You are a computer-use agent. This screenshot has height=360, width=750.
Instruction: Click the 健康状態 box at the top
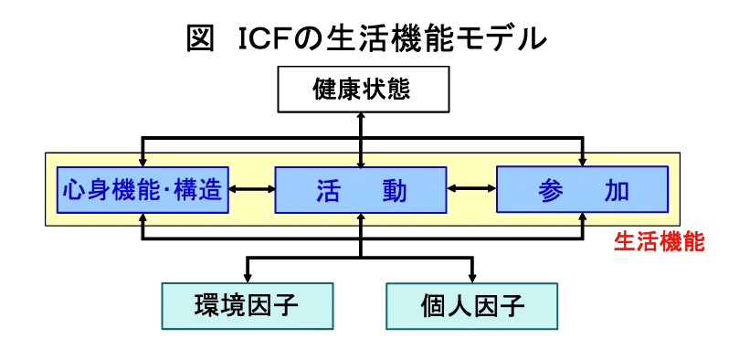click(x=362, y=90)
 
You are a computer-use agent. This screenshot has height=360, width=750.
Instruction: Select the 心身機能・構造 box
click(x=143, y=189)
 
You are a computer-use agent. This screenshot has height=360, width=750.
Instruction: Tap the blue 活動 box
click(x=362, y=189)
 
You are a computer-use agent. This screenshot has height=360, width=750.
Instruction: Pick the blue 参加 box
click(x=582, y=189)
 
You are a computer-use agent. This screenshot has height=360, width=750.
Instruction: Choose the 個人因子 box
click(x=471, y=305)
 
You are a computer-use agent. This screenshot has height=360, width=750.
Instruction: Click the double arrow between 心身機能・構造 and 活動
click(x=251, y=189)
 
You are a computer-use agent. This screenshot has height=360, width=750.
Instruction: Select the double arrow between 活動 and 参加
click(x=471, y=189)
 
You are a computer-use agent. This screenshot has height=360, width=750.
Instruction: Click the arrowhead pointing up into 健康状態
click(x=362, y=116)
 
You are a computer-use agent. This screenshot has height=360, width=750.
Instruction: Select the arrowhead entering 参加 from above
click(x=582, y=161)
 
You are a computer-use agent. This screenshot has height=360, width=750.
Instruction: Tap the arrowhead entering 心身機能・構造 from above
click(x=143, y=161)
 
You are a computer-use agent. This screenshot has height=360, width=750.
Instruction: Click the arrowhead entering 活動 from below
click(x=362, y=218)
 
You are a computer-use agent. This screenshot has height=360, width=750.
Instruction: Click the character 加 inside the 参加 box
click(x=617, y=190)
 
